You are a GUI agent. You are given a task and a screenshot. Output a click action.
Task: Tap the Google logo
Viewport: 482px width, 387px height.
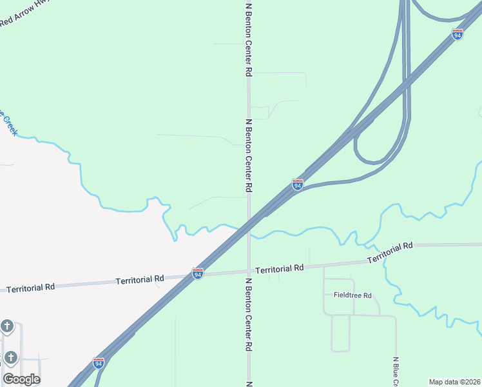pos(21,379)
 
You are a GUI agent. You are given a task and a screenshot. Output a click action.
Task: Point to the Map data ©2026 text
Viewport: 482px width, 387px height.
pos(455,382)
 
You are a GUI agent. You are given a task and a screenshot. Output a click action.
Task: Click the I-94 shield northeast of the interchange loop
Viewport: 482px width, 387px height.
pos(457,34)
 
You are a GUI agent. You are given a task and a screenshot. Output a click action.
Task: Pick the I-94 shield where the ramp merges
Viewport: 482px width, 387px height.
pos(297,185)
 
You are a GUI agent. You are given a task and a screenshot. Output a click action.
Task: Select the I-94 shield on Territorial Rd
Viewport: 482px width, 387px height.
pos(198,274)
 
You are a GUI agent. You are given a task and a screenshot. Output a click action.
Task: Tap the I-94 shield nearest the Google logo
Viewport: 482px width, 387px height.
pos(98,363)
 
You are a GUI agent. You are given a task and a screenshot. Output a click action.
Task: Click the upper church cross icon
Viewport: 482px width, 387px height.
pos(7,326)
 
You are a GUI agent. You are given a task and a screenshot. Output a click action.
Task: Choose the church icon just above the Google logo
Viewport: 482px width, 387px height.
pos(10,357)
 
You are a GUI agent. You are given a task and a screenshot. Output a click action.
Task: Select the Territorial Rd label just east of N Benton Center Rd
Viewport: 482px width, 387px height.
pos(279,268)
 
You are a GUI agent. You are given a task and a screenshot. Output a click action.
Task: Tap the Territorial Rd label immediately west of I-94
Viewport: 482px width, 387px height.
pos(140,279)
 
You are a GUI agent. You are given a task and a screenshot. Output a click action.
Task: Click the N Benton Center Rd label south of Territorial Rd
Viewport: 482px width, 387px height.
pos(248,314)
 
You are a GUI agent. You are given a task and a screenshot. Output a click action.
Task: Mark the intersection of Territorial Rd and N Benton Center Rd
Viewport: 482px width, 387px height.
pos(249,271)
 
